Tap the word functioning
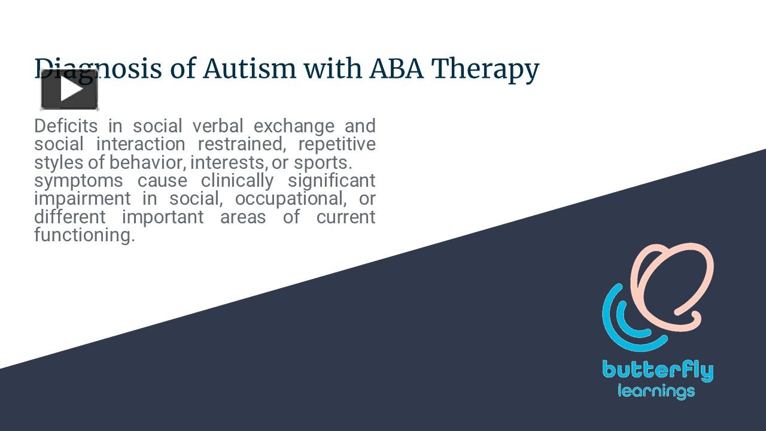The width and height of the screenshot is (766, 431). pos(84,235)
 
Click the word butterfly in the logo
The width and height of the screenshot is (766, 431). pos(658,371)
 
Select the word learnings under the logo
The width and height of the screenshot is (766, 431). pos(656,392)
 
